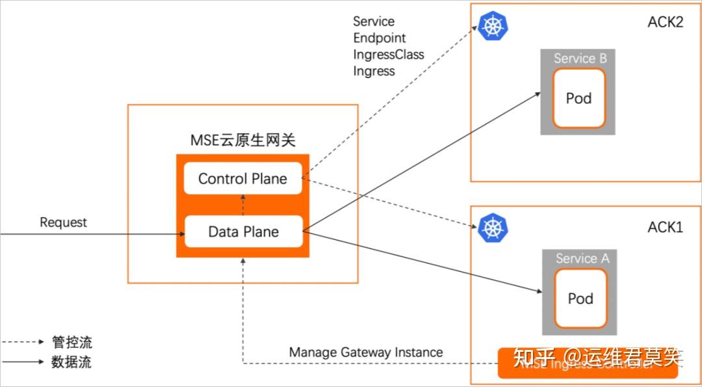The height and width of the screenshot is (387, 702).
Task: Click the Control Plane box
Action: pos(243,179)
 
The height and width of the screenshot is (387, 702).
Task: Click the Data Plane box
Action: pos(243,232)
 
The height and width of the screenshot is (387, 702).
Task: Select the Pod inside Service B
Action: pos(578,98)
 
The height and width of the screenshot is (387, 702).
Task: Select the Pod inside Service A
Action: pos(580,299)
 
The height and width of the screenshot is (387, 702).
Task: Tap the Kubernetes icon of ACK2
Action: pos(493,26)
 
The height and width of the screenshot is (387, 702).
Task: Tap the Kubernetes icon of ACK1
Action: pos(493,228)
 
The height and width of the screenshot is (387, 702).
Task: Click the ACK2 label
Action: pos(665,22)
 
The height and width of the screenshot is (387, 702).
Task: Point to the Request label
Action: pos(63,222)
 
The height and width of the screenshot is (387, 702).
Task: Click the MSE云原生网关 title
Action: pos(242,140)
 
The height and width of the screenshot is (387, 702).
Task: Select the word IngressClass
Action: pos(388,55)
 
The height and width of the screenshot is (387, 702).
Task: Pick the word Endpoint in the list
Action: pos(379,38)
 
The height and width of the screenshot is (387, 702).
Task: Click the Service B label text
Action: pos(580,59)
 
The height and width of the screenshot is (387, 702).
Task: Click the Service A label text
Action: pos(582,258)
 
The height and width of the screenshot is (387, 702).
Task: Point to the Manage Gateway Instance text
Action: pos(366,352)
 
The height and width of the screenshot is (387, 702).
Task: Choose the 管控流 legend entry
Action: pos(71,342)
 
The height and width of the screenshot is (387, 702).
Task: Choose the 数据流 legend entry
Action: pos(71,362)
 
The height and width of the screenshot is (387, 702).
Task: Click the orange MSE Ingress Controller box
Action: pos(587,364)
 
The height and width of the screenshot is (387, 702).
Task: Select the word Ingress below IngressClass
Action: pos(374,71)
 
